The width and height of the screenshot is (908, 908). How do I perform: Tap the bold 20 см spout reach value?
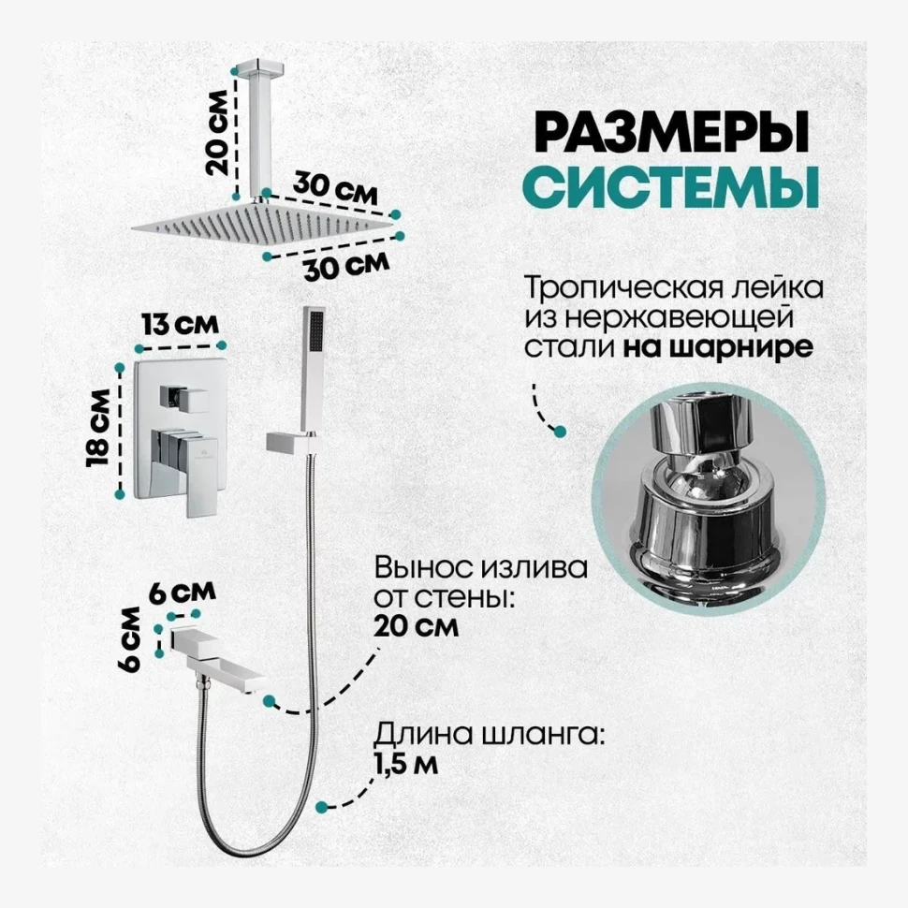pyautogui.click(x=416, y=627)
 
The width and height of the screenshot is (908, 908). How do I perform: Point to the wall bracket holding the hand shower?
pyautogui.click(x=289, y=441)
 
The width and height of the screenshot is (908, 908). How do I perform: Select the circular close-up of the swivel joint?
pyautogui.click(x=710, y=505)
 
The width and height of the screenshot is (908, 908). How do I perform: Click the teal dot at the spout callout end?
pyautogui.click(x=270, y=699)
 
